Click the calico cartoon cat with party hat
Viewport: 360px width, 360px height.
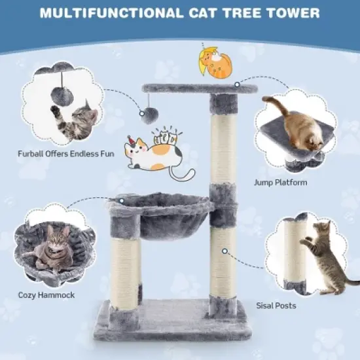pos(154,158)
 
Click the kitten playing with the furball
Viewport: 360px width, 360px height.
pos(80,120)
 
